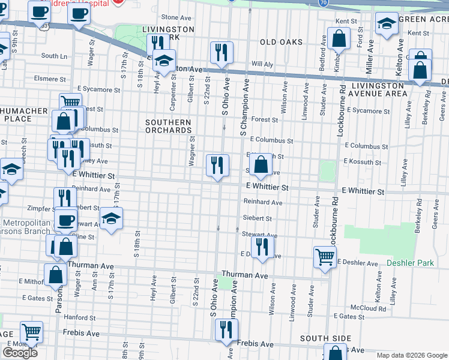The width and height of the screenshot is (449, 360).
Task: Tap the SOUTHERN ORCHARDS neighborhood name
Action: pyautogui.click(x=169, y=126)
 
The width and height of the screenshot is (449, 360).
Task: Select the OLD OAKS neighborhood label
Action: pyautogui.click(x=281, y=42)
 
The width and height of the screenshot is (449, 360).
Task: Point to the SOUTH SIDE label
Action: pyautogui.click(x=321, y=338)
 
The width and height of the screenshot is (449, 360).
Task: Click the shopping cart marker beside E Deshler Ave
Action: pyautogui.click(x=325, y=256)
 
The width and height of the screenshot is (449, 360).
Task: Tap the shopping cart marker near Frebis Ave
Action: pyautogui.click(x=31, y=331)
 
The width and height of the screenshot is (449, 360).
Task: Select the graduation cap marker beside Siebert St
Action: pyautogui.click(x=111, y=219)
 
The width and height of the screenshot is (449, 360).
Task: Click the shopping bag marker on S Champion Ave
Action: pyautogui.click(x=261, y=164)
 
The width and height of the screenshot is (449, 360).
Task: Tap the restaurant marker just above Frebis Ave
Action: pyautogui.click(x=227, y=329)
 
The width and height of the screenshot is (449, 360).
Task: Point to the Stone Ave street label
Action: pyautogui.click(x=175, y=17)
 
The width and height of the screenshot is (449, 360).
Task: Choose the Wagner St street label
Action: pyautogui.click(x=192, y=151)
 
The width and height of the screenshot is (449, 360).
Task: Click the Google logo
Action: pyautogui.click(x=20, y=353)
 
